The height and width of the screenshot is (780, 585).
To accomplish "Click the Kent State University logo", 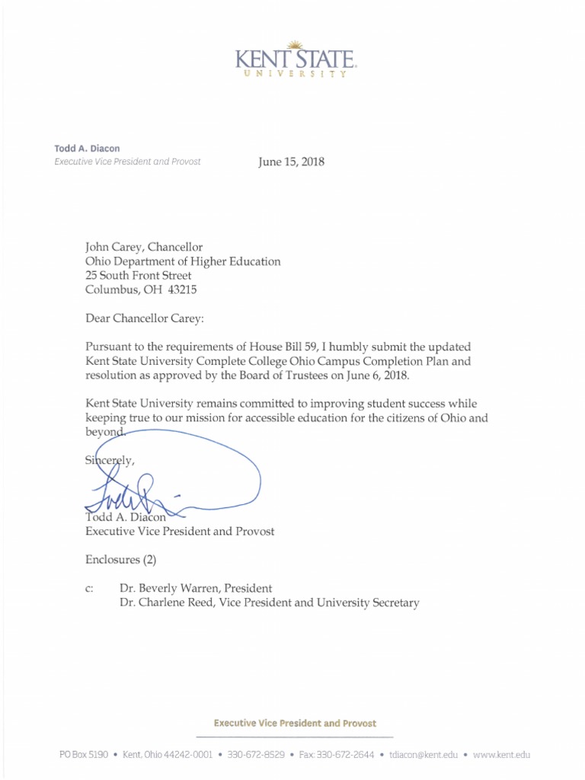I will tap(296, 59).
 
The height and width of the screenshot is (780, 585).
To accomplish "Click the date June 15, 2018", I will tap(292, 161).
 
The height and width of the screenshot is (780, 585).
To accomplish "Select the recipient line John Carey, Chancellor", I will tap(144, 247).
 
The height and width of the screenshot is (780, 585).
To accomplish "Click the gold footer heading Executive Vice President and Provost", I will tap(295, 723).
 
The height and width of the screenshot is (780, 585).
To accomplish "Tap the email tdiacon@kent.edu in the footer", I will tap(424, 755).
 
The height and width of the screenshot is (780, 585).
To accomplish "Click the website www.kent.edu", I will tap(501, 755).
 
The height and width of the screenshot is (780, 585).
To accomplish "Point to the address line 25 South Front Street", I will tap(139, 276).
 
